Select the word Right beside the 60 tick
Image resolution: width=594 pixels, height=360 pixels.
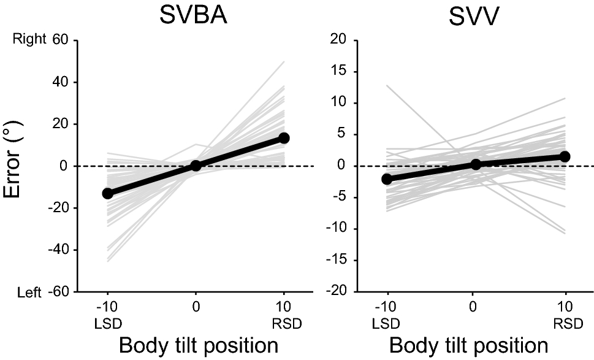(29, 39)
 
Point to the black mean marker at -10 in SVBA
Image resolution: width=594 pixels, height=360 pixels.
(108, 193)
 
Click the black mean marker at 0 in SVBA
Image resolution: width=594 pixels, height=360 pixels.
(196, 166)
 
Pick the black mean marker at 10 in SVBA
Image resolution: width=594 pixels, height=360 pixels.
(284, 138)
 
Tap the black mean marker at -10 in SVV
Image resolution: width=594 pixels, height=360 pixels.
(386, 179)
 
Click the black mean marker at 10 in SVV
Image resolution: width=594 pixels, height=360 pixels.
(565, 156)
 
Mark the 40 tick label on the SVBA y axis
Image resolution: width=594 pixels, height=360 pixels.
(59, 82)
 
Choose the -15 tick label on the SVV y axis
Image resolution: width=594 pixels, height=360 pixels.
(340, 260)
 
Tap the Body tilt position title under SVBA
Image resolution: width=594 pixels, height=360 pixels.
(198, 345)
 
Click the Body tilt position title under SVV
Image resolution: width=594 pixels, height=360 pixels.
(469, 345)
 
